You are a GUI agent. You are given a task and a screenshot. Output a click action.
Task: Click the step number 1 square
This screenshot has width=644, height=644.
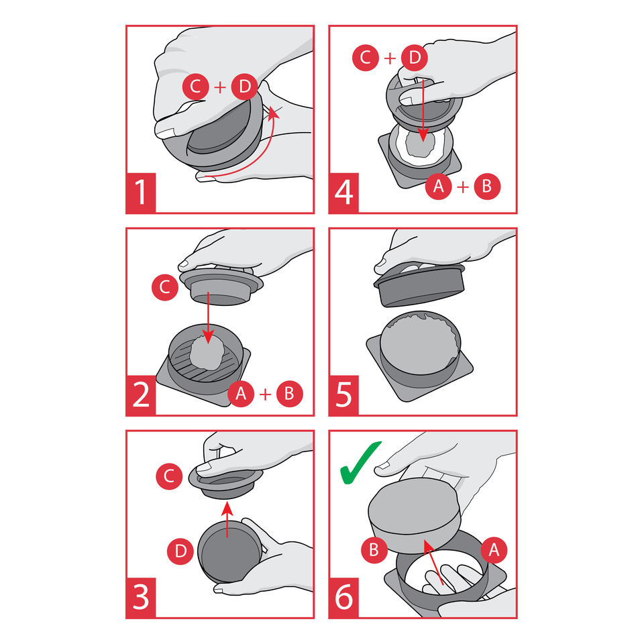tap(141, 193)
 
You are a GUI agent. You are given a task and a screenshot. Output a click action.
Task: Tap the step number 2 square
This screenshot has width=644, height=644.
tap(141, 396)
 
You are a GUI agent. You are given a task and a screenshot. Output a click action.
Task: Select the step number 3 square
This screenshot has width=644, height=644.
tap(141, 598)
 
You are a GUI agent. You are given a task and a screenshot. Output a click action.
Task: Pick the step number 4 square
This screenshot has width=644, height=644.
tap(343, 193)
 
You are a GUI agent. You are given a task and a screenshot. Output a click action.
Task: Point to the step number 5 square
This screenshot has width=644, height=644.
tap(343, 396)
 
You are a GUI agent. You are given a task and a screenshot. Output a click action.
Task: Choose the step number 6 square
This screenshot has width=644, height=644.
tap(343, 598)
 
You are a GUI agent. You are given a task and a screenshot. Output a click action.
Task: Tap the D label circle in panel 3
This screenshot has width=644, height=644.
tap(180, 551)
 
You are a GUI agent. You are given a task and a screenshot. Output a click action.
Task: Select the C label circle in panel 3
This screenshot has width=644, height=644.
tap(169, 476)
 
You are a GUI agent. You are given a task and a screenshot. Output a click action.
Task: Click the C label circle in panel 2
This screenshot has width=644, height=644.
tap(165, 287)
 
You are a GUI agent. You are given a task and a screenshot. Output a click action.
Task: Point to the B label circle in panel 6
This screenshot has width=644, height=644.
tap(374, 549)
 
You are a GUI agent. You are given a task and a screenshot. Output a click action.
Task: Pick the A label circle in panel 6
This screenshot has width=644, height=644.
tap(494, 549)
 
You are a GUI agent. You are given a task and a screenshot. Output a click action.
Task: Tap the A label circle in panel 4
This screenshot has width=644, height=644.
tap(439, 186)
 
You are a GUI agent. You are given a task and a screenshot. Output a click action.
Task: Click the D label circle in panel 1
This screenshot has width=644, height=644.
tap(245, 87)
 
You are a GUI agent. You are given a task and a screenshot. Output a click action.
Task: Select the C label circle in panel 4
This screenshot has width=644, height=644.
tap(366, 58)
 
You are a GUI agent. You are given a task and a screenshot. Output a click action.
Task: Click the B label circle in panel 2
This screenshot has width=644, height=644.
tap(290, 394)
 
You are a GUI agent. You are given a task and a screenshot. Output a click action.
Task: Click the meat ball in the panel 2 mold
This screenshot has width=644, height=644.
tap(207, 352)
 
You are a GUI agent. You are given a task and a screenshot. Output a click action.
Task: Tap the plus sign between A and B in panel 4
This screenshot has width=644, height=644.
tap(463, 187)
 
